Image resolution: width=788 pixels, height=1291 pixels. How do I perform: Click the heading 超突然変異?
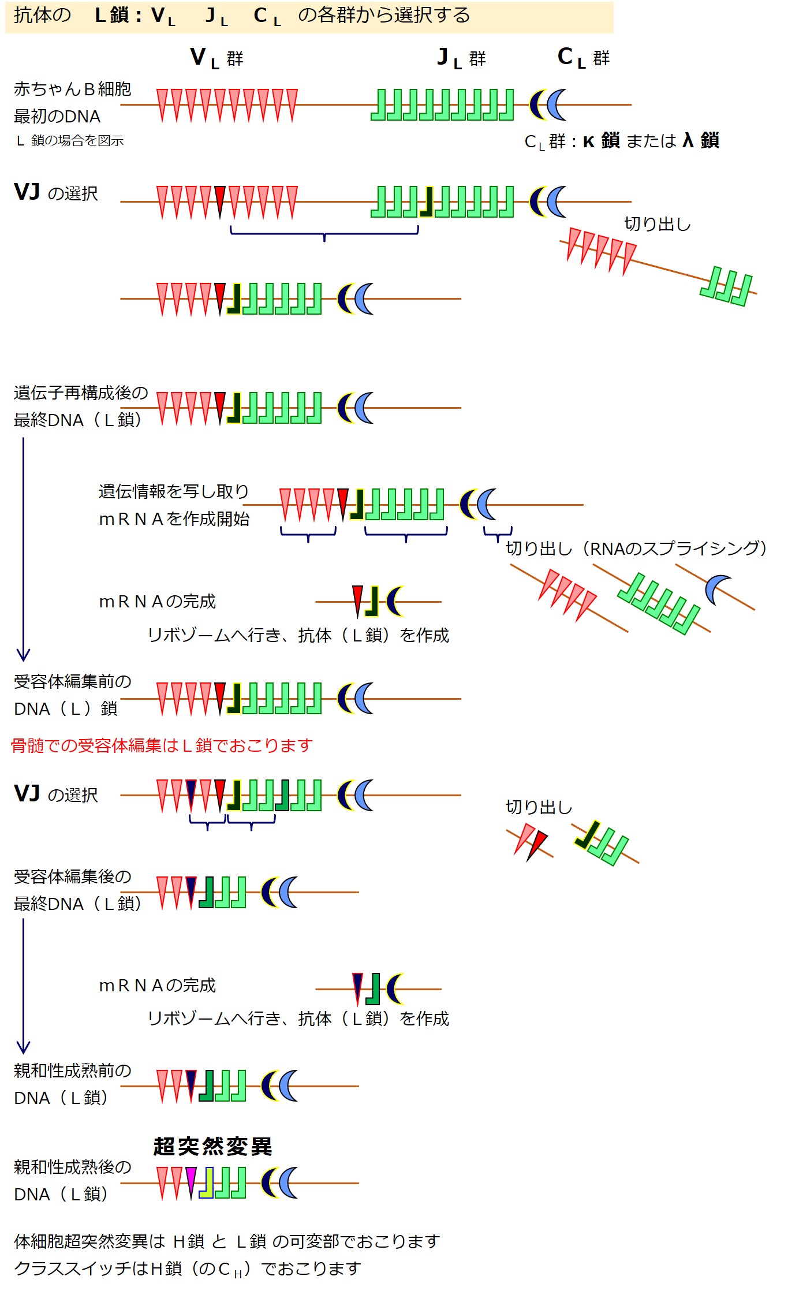[x=212, y=1146]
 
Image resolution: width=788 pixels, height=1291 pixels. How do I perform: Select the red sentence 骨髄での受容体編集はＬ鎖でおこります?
[x=162, y=745]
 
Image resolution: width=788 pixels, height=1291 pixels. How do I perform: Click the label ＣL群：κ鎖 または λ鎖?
[x=621, y=141]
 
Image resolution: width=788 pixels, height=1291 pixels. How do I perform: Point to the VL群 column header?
[x=216, y=58]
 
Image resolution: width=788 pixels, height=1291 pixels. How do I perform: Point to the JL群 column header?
[x=461, y=58]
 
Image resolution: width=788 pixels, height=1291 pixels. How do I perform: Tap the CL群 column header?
[x=583, y=58]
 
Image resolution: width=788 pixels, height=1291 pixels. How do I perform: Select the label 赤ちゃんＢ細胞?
[x=72, y=89]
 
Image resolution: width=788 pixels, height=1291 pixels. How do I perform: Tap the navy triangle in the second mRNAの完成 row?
[x=358, y=987]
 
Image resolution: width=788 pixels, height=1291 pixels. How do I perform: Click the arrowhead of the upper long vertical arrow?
[x=23, y=656]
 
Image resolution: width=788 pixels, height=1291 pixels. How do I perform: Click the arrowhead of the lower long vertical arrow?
[x=23, y=1048]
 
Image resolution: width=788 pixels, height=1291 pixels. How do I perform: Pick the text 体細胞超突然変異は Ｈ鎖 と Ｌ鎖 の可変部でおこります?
[x=226, y=1241]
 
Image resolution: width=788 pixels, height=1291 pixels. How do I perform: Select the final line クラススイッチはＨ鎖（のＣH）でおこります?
[x=187, y=1268]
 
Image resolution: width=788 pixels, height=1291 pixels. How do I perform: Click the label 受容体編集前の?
[x=72, y=681]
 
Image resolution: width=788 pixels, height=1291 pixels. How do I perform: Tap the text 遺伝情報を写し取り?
[x=173, y=491]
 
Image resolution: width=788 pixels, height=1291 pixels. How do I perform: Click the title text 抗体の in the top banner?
[x=42, y=16]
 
